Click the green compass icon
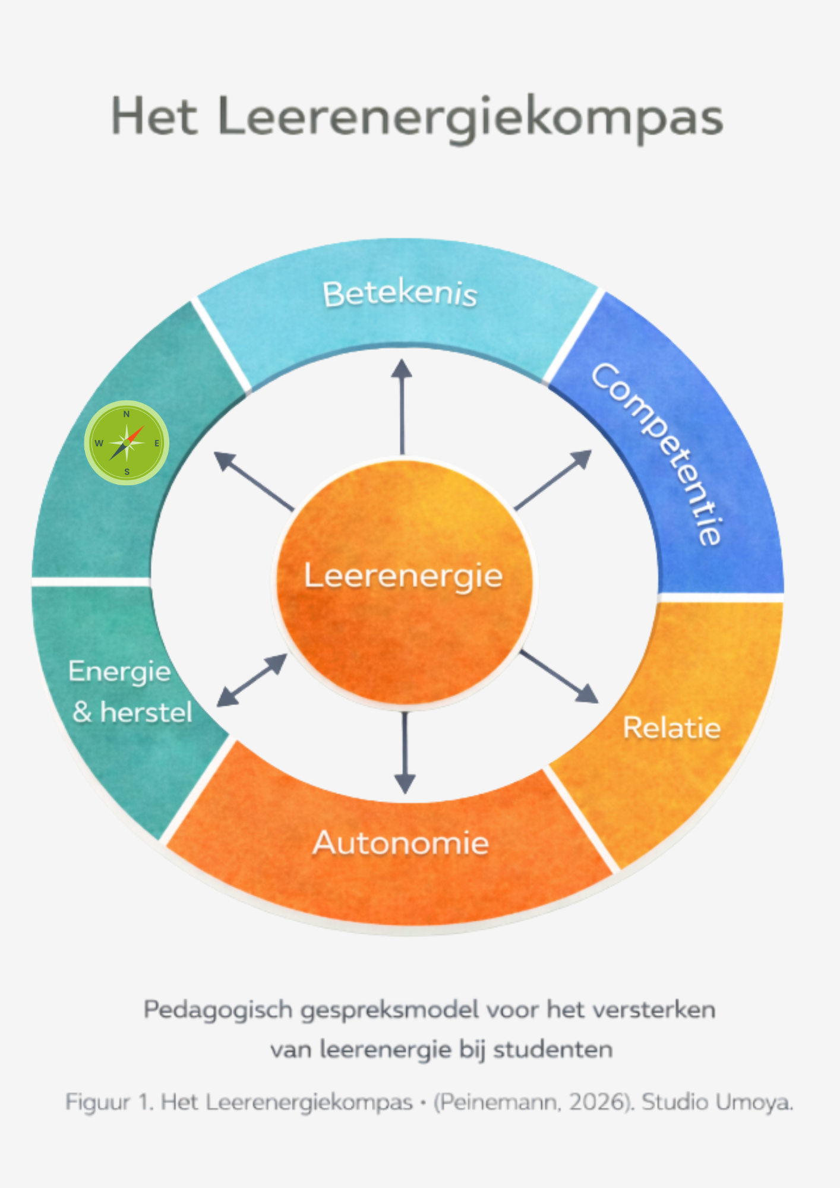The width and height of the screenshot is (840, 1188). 127,443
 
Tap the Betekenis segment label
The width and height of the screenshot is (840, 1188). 400,294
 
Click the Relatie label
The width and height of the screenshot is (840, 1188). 671,728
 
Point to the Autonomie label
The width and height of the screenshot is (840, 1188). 401,843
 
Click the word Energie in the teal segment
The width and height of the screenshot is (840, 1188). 119,672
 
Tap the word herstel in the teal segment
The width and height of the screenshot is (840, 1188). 146,712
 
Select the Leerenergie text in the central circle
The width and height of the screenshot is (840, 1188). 403,576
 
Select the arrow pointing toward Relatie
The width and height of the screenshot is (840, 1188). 559,677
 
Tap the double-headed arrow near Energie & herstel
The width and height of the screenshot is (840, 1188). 252,680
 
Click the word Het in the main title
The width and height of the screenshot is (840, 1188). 154,117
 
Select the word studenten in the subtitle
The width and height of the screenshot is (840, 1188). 552,1050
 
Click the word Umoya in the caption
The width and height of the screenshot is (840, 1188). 754,1102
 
